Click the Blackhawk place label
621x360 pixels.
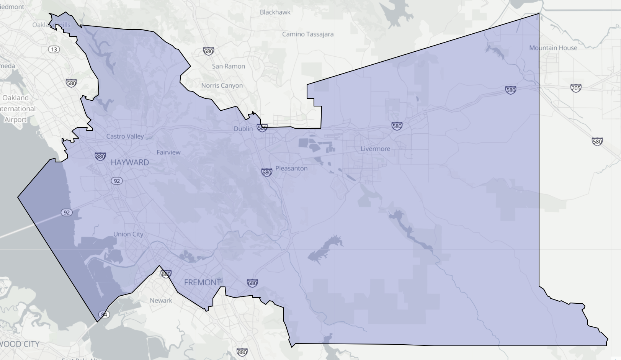point(275,12)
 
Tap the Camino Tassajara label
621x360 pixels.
point(308,34)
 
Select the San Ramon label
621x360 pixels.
point(229,66)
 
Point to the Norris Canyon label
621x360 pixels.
point(222,85)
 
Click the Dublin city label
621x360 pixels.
point(243,129)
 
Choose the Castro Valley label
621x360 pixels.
point(125,136)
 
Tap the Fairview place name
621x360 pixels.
point(168,152)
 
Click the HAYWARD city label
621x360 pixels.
point(130,162)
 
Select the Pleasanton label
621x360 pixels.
point(291,168)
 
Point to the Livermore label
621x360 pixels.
point(375,149)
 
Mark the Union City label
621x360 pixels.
point(128,234)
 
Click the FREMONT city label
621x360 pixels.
point(203,283)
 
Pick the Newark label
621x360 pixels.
point(161,301)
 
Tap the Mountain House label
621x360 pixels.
point(553,48)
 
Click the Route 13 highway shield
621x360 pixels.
point(54,49)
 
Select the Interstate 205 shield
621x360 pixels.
point(576,88)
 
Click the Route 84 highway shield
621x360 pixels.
point(104,314)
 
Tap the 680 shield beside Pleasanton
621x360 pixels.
point(267,172)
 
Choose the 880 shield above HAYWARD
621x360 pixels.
point(100,156)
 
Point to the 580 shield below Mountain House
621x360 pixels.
point(511,90)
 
